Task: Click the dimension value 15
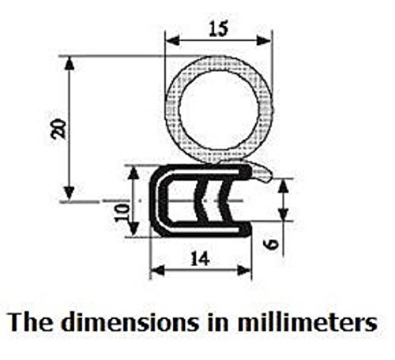point(217,29)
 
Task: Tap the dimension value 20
point(58,129)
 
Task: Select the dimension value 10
point(120,212)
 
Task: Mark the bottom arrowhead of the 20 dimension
point(70,196)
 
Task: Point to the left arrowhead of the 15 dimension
point(170,41)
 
